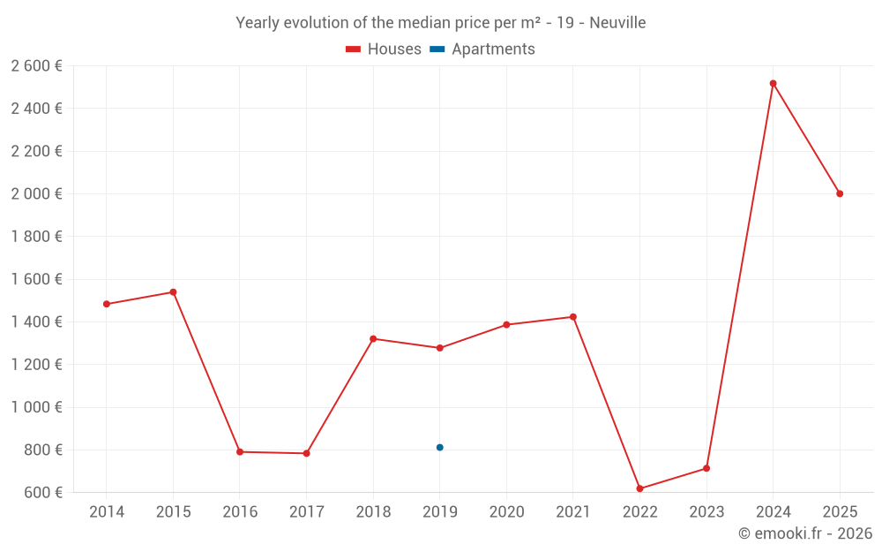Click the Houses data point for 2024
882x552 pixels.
[773, 84]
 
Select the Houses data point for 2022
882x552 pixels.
[639, 488]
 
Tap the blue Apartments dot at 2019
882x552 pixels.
[439, 448]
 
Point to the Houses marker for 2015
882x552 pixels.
[173, 292]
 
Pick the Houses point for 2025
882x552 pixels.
[840, 193]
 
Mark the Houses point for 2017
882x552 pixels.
[306, 453]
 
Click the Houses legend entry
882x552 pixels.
[384, 49]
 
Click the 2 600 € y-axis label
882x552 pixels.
[36, 65]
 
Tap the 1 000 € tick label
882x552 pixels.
[36, 407]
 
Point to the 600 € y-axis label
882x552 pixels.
[42, 493]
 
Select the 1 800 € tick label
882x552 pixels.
[36, 237]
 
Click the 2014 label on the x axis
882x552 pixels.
[107, 512]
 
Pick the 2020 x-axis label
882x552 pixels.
[506, 512]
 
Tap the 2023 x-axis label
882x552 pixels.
[706, 512]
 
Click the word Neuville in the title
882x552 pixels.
[617, 23]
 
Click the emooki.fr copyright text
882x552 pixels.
[805, 533]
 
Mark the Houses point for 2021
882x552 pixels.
[573, 317]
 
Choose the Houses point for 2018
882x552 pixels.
[373, 339]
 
